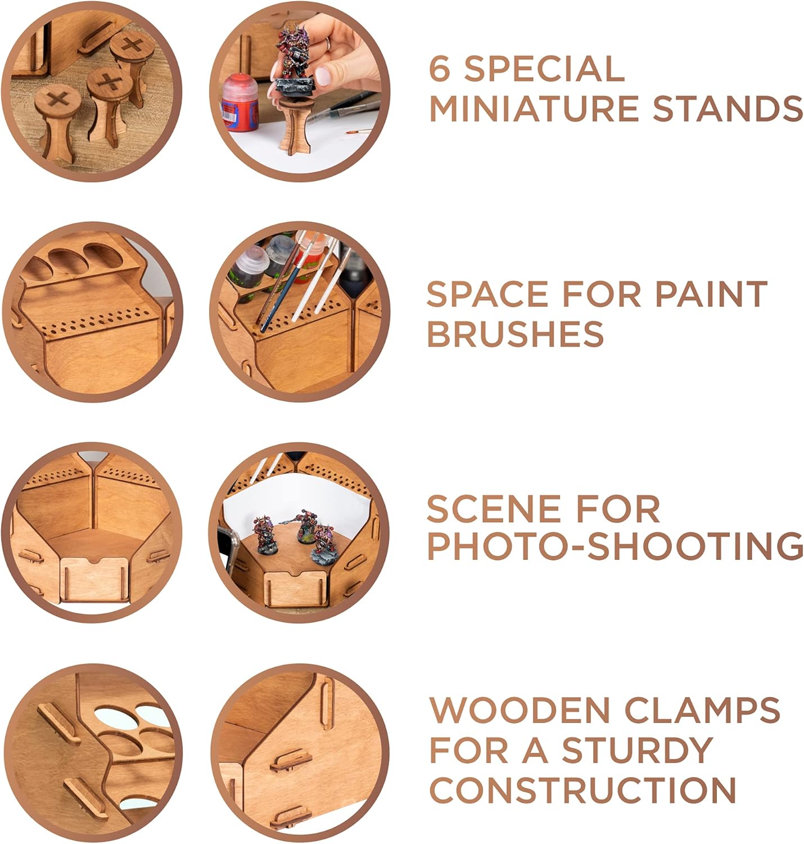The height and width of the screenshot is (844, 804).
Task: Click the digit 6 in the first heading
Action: pos(440,69)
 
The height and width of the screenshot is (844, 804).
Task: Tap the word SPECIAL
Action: pos(544,69)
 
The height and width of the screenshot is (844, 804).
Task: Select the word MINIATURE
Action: pos(535,109)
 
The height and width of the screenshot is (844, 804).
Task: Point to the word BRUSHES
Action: pos(515,334)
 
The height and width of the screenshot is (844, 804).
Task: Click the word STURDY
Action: pos(638,750)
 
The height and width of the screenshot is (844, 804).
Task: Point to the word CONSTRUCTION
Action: pos(582,790)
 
